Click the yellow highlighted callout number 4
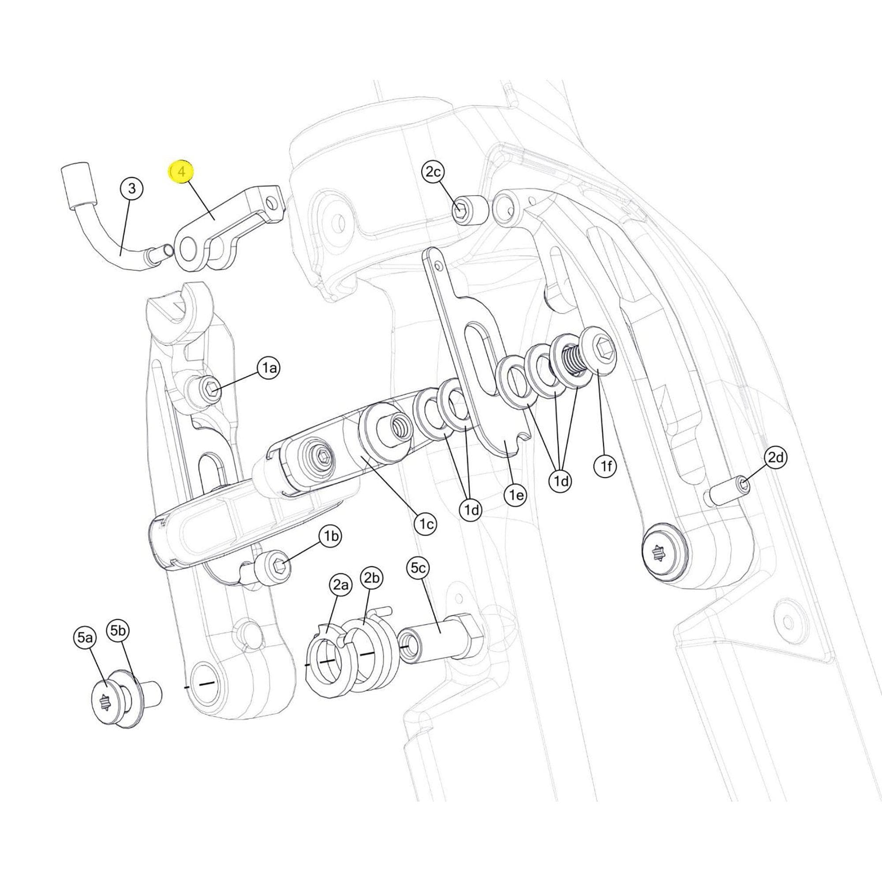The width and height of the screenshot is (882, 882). [x=182, y=172]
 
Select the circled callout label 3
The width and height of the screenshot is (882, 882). [x=131, y=188]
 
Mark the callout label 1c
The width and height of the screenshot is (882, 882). [x=426, y=525]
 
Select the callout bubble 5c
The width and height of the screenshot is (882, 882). [x=418, y=568]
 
